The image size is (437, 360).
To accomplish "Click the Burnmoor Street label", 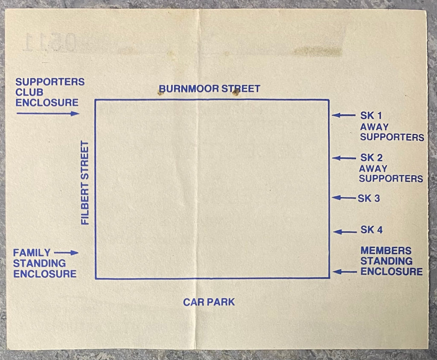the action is [x=209, y=89].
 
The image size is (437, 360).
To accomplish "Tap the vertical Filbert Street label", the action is [x=85, y=183].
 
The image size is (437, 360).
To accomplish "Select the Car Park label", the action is [x=209, y=302].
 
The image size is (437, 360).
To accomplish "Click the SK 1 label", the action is [x=371, y=115].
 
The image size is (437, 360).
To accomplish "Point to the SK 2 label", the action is [x=371, y=157].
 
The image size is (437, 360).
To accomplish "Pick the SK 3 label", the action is [x=369, y=198].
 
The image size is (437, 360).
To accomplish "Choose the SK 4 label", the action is [x=371, y=229].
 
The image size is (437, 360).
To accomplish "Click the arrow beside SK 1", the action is [x=344, y=115].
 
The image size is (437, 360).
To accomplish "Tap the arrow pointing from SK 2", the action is [x=344, y=158].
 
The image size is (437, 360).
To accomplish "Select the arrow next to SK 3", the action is [x=344, y=198].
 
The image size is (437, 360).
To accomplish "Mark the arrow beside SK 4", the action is [x=345, y=232].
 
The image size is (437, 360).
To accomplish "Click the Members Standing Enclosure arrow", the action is [x=345, y=272].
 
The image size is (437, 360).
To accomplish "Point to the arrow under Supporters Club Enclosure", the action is [x=48, y=113].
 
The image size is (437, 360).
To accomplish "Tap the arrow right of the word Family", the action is [x=66, y=253].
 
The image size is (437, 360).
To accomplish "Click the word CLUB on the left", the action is [x=29, y=92].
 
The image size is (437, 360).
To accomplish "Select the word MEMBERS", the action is [x=386, y=250].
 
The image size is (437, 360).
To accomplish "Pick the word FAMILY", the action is [x=32, y=253].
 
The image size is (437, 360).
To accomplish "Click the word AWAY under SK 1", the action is [x=374, y=127].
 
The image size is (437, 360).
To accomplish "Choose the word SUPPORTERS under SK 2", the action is [x=391, y=179].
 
